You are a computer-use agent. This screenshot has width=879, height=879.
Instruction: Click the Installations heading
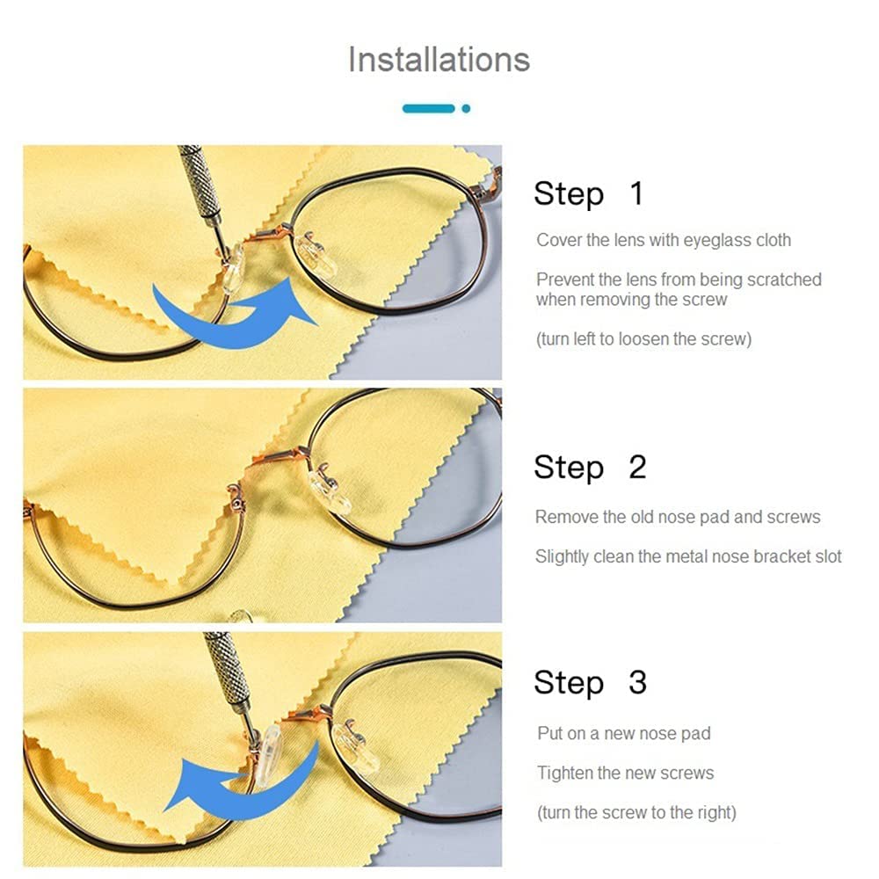[439, 60]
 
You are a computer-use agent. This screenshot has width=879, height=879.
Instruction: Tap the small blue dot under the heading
[466, 109]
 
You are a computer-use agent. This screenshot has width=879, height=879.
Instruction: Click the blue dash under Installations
[429, 109]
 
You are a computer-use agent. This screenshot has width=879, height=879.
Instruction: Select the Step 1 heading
[589, 194]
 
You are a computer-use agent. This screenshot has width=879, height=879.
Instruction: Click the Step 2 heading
[591, 468]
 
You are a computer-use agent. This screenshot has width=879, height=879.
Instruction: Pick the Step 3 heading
[591, 683]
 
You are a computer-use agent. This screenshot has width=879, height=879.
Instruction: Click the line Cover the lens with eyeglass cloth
[664, 241]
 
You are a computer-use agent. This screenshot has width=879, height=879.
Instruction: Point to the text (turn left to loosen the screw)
[643, 339]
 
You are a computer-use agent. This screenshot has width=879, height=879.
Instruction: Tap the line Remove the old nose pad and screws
[678, 517]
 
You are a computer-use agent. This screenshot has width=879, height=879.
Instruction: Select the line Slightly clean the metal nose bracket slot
[688, 556]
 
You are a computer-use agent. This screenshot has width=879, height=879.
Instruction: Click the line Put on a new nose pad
[624, 733]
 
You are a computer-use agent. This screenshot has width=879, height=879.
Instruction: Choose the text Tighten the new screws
[626, 773]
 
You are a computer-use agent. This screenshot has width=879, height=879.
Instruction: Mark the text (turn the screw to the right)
[636, 813]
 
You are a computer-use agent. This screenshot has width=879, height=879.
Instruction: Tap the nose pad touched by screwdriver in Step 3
[268, 756]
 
